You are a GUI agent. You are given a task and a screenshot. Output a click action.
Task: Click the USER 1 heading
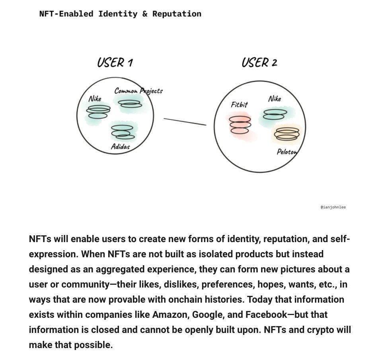pos(115,63)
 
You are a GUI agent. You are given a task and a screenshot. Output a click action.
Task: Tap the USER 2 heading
pos(259,63)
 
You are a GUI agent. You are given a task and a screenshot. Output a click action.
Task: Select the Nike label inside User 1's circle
pos(95,99)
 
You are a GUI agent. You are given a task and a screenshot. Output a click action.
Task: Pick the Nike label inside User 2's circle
pos(275,99)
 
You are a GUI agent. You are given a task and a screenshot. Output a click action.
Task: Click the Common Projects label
pos(138,91)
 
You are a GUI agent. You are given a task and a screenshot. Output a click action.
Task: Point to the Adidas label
pos(120,147)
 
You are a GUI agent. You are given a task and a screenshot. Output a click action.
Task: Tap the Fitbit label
pos(240,104)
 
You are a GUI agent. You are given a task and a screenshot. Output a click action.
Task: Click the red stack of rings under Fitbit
pos(240,125)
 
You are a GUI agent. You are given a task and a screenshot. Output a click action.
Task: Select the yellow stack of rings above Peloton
pos(286,134)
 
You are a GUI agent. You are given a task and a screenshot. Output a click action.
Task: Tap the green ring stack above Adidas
pos(123,132)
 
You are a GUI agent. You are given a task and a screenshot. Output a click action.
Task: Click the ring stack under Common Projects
pos(130,104)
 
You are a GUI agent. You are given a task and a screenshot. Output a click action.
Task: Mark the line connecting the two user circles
pos(185,122)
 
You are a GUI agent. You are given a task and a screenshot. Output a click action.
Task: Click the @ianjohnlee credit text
pos(333,207)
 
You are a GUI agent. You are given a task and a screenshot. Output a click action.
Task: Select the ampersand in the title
pos(145,14)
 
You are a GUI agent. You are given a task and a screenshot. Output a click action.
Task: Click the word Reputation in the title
pos(177,14)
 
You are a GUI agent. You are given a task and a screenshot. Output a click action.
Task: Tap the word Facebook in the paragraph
pos(266,315)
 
